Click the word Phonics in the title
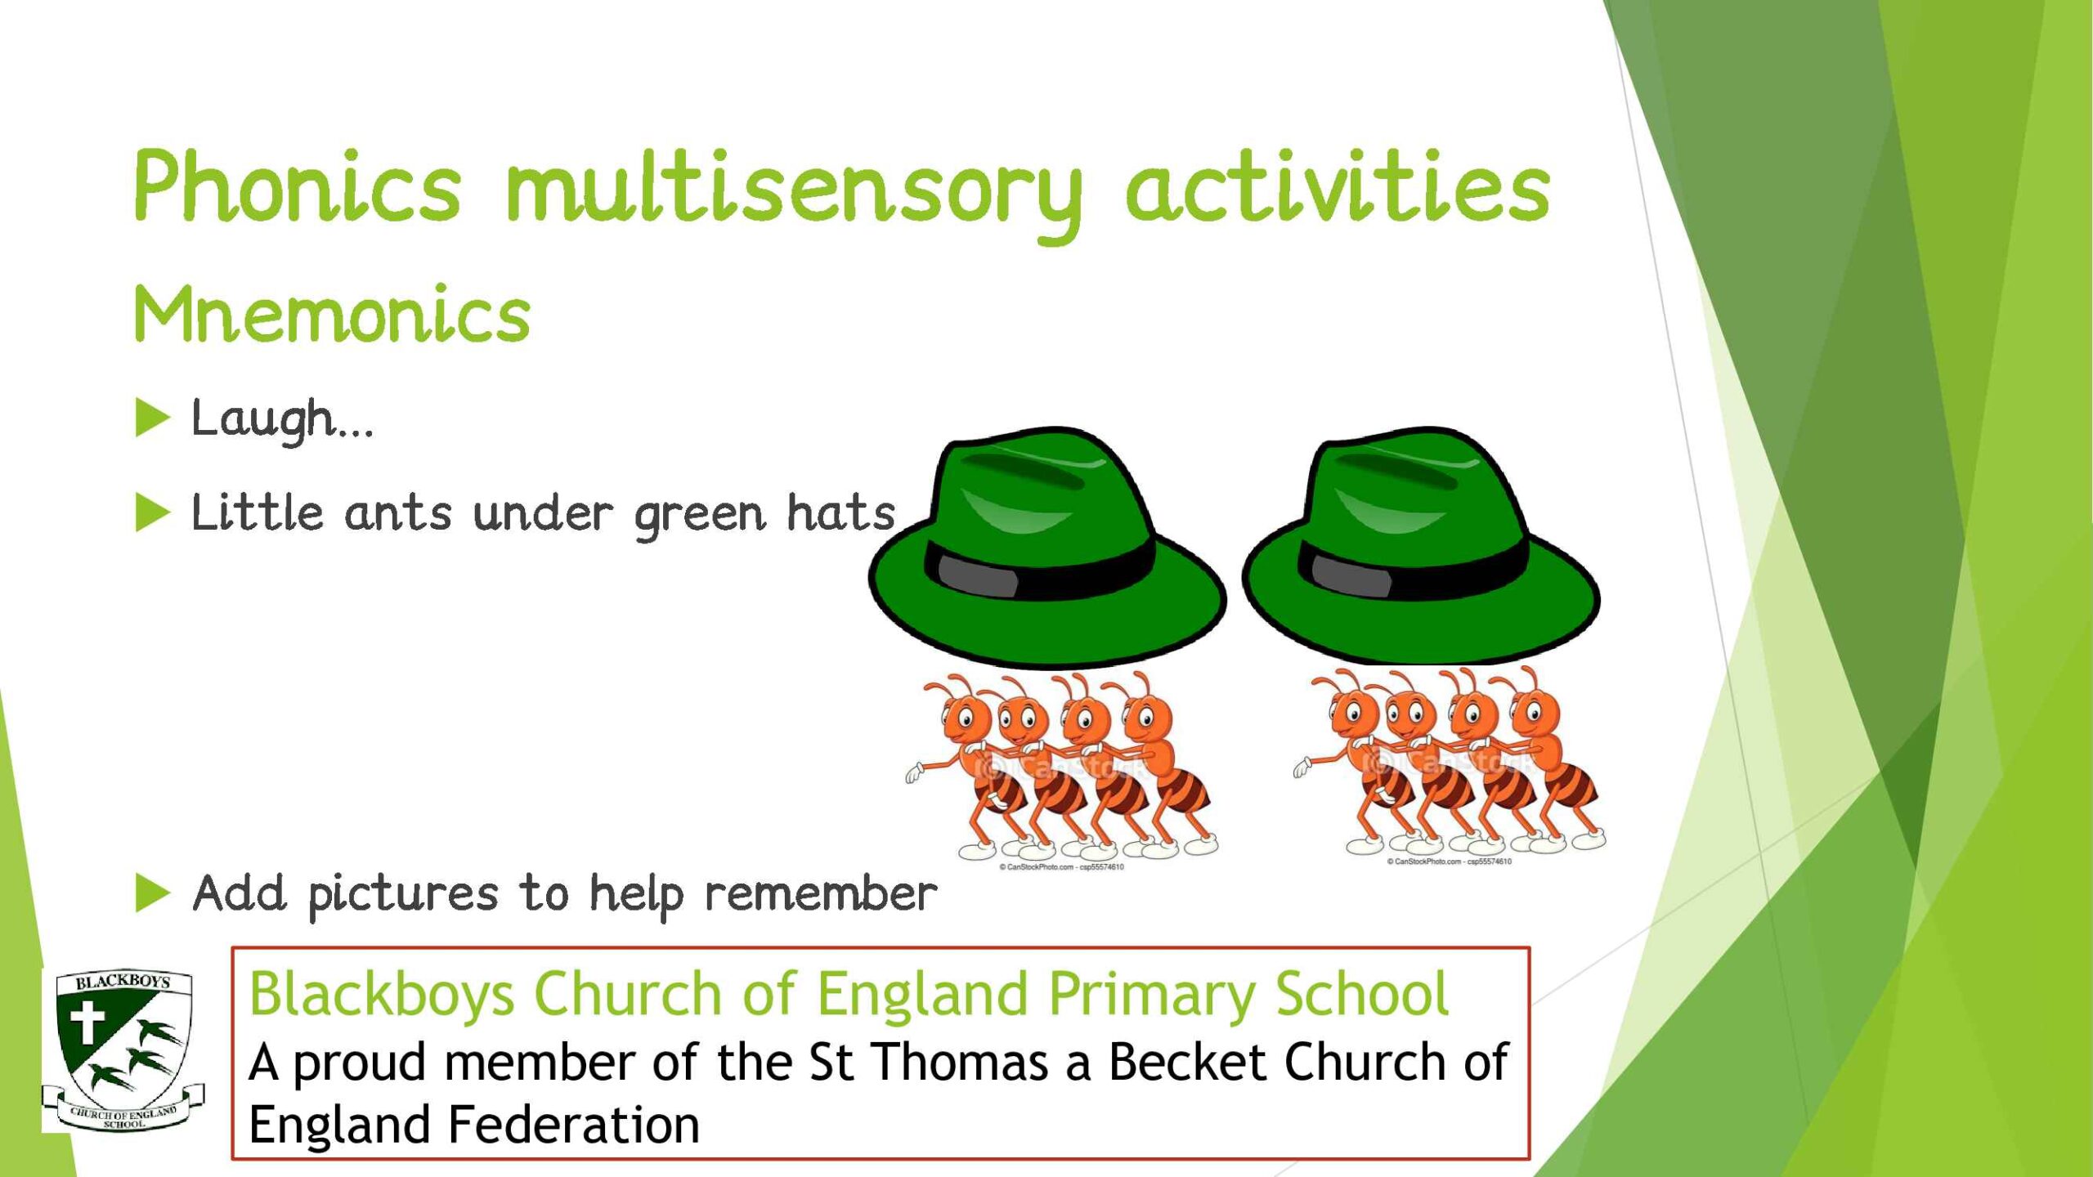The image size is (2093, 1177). click(x=298, y=186)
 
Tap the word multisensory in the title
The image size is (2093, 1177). click(x=794, y=195)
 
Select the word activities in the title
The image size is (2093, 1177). click(x=1338, y=186)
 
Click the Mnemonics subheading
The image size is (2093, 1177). click(x=332, y=314)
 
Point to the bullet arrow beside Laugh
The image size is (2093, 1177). click(x=152, y=418)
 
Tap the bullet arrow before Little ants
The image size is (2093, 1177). click(x=152, y=513)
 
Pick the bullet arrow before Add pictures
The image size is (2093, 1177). click(x=152, y=893)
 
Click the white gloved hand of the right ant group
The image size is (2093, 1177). click(x=1302, y=767)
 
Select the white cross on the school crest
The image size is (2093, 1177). click(x=87, y=1023)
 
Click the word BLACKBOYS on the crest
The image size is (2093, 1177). click(x=123, y=982)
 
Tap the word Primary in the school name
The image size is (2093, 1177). click(x=1152, y=996)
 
